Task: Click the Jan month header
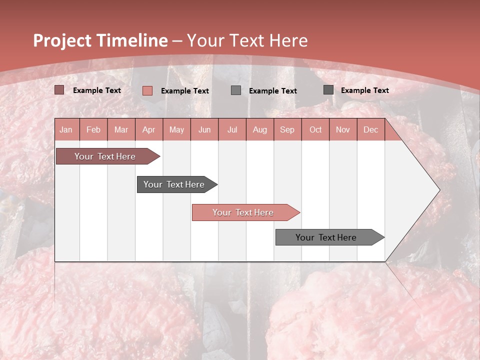click(x=66, y=129)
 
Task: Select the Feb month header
click(x=93, y=129)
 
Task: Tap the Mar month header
click(x=121, y=129)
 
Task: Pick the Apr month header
click(x=148, y=129)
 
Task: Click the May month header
click(x=176, y=129)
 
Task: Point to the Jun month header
click(x=204, y=129)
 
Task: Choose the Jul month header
click(x=232, y=129)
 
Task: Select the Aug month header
click(x=259, y=129)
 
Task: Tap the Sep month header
click(x=287, y=129)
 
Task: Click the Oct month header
click(x=315, y=129)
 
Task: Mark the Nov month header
click(x=343, y=129)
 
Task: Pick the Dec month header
click(x=370, y=129)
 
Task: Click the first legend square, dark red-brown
click(x=59, y=90)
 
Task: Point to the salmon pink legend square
click(x=147, y=90)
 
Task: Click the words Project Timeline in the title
click(x=100, y=40)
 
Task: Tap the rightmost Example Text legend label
click(x=364, y=90)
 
